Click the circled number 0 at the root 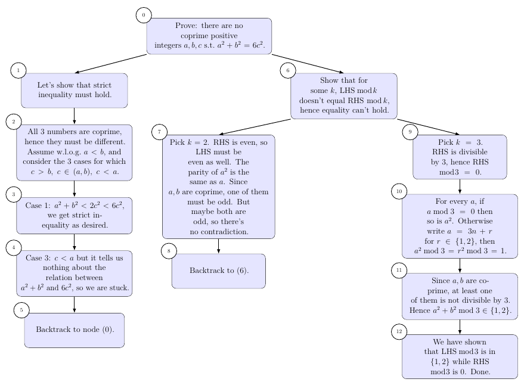coord(144,15)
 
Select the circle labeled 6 coord(288,70)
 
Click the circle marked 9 coord(410,132)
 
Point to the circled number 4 coord(14,247)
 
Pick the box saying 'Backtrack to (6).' coord(219,271)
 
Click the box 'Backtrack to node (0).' coord(75,330)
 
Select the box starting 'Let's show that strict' coord(75,90)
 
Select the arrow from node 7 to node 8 coord(219,246)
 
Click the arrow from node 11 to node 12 coord(460,327)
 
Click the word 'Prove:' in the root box coord(187,26)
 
